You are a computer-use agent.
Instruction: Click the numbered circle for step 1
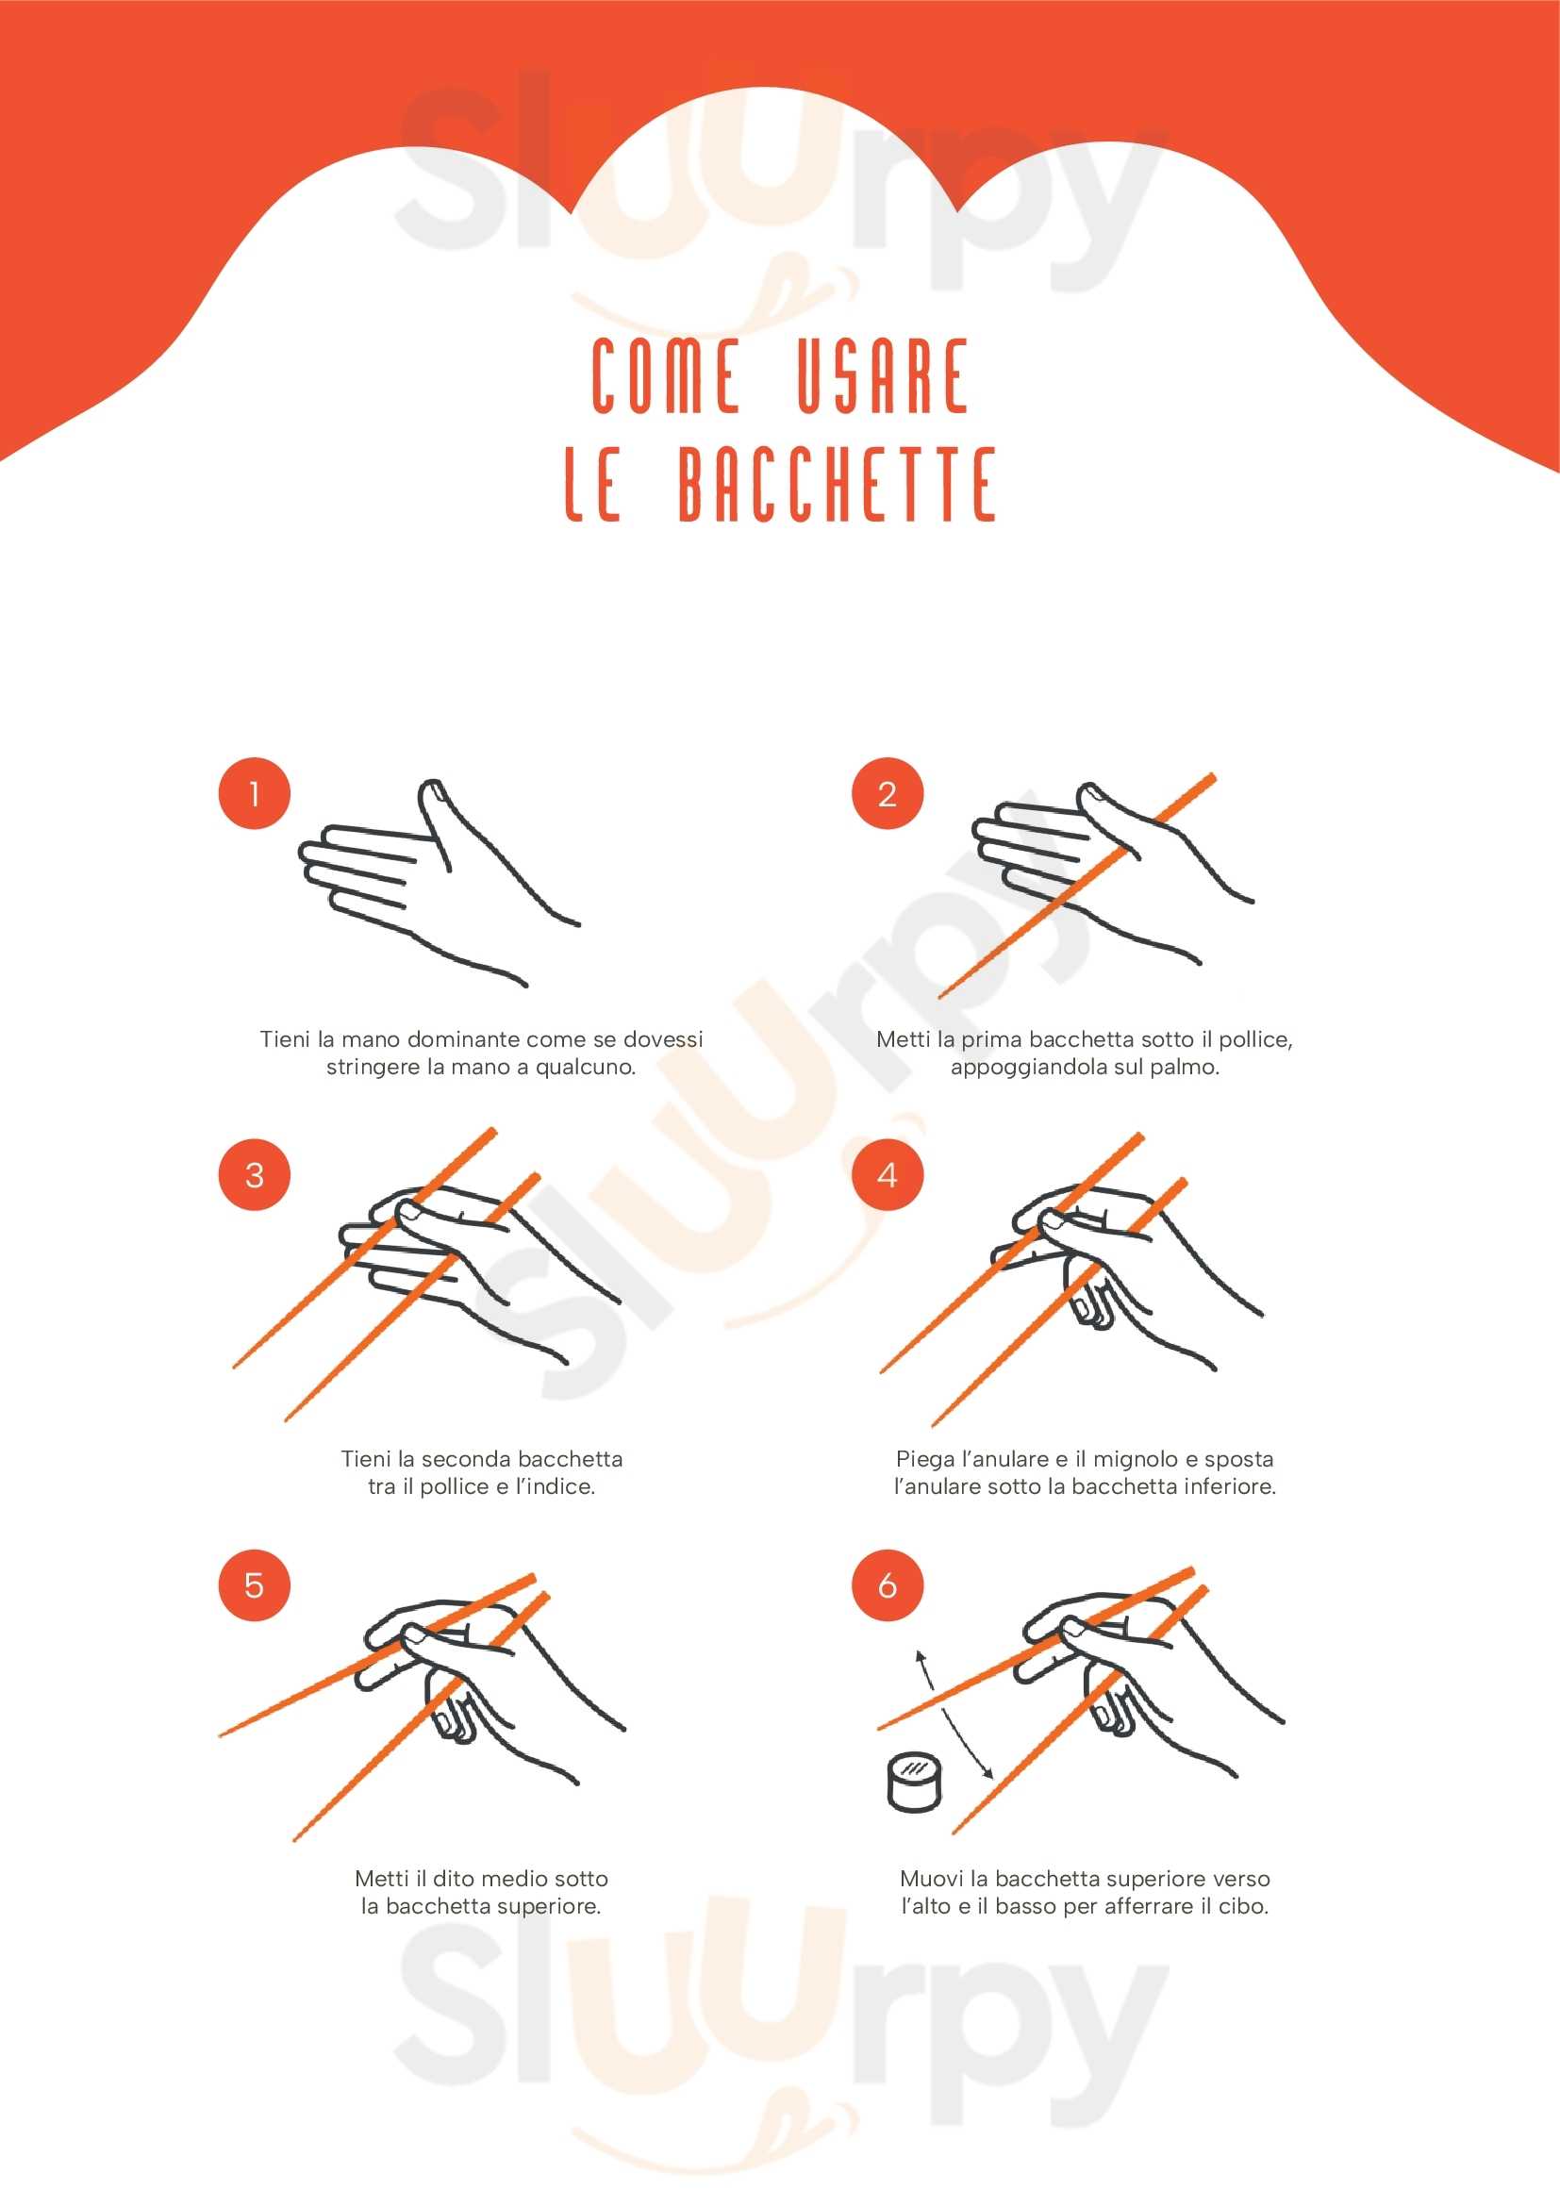click(255, 792)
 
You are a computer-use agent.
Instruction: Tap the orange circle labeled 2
click(888, 792)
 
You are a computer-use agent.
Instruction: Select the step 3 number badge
click(255, 1174)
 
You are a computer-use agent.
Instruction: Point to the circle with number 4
click(888, 1174)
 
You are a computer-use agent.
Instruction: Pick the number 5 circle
click(255, 1584)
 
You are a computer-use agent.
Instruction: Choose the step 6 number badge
click(888, 1584)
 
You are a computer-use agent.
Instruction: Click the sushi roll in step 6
click(914, 1783)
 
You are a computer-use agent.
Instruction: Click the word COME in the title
click(665, 375)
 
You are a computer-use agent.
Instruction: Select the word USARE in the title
click(882, 375)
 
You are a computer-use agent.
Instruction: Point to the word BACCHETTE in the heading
click(837, 483)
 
